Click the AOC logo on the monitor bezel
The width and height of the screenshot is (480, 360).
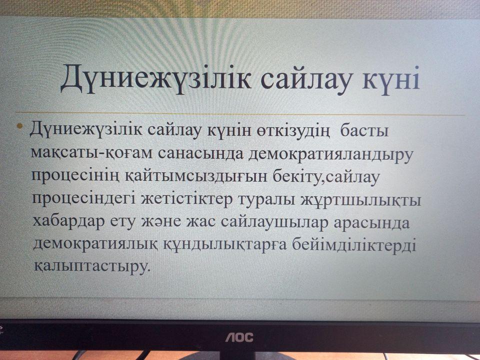(x=239, y=337)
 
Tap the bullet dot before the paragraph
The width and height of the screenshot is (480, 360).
(x=20, y=125)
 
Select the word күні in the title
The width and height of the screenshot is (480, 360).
(x=391, y=78)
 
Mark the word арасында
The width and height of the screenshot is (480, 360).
(x=371, y=223)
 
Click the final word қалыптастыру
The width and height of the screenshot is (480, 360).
(x=92, y=266)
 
